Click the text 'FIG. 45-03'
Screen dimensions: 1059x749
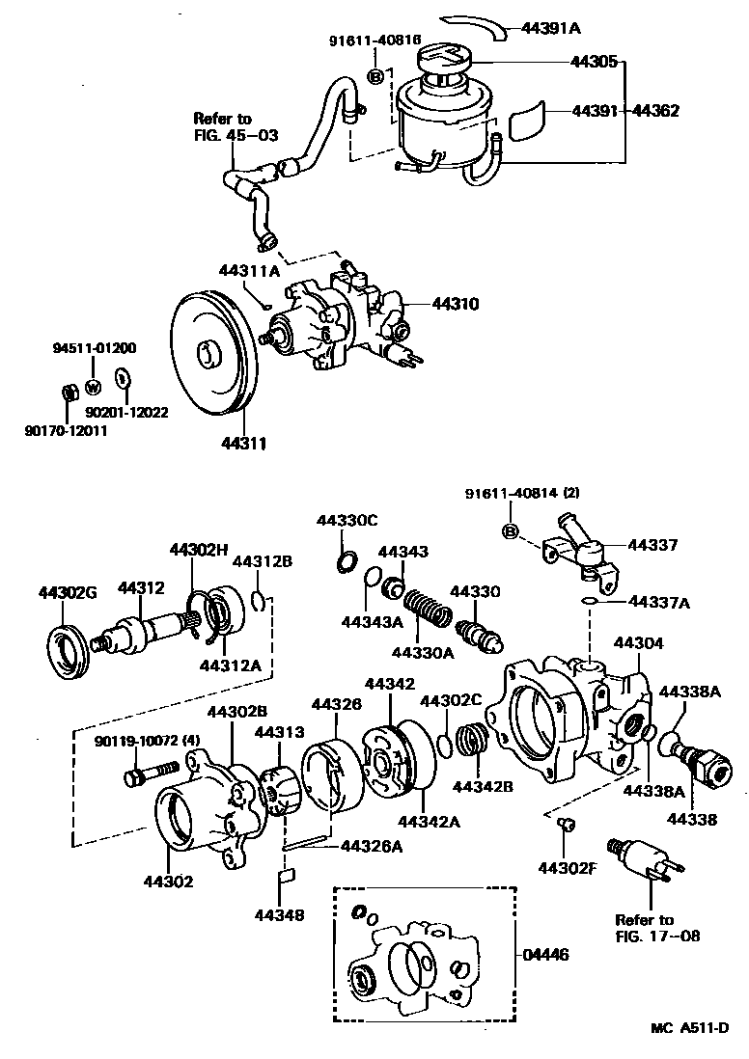236,135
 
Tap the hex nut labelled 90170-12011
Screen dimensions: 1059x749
69,393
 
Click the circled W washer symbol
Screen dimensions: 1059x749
94,388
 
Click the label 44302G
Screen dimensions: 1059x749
69,591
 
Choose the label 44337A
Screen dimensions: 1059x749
661,602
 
